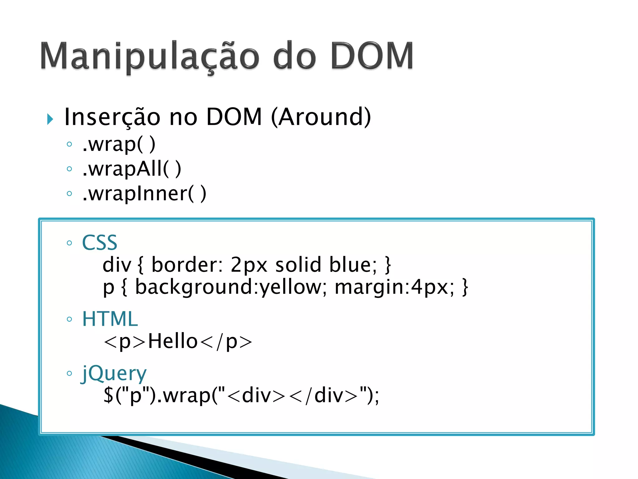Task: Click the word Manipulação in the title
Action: (x=150, y=56)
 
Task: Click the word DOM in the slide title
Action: (x=372, y=56)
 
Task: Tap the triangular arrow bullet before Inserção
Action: (x=50, y=119)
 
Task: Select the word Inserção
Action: (x=112, y=117)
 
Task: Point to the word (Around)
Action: (x=321, y=117)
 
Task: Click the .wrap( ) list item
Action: (x=119, y=144)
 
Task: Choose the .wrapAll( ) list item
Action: (x=131, y=169)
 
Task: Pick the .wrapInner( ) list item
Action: (x=144, y=194)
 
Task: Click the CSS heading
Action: (x=99, y=243)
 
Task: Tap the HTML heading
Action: (x=110, y=319)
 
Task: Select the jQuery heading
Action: (x=114, y=373)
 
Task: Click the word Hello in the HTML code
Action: (x=173, y=341)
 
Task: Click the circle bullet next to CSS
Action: (x=69, y=243)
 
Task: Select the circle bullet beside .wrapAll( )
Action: (x=69, y=169)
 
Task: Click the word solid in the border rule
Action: (x=298, y=265)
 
